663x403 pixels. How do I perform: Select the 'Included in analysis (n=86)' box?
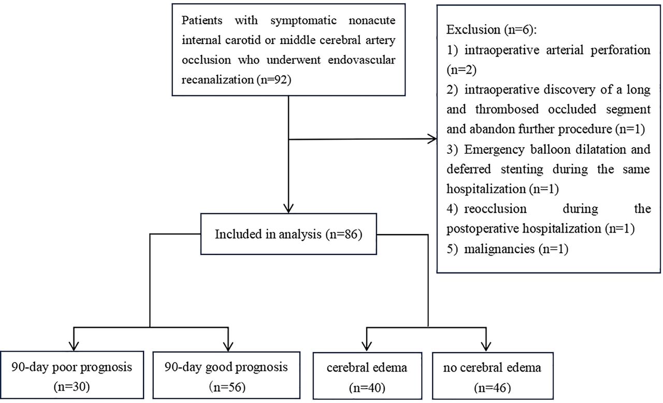(x=287, y=235)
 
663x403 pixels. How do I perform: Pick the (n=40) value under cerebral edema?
(x=366, y=386)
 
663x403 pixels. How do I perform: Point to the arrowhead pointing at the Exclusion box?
(x=431, y=139)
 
